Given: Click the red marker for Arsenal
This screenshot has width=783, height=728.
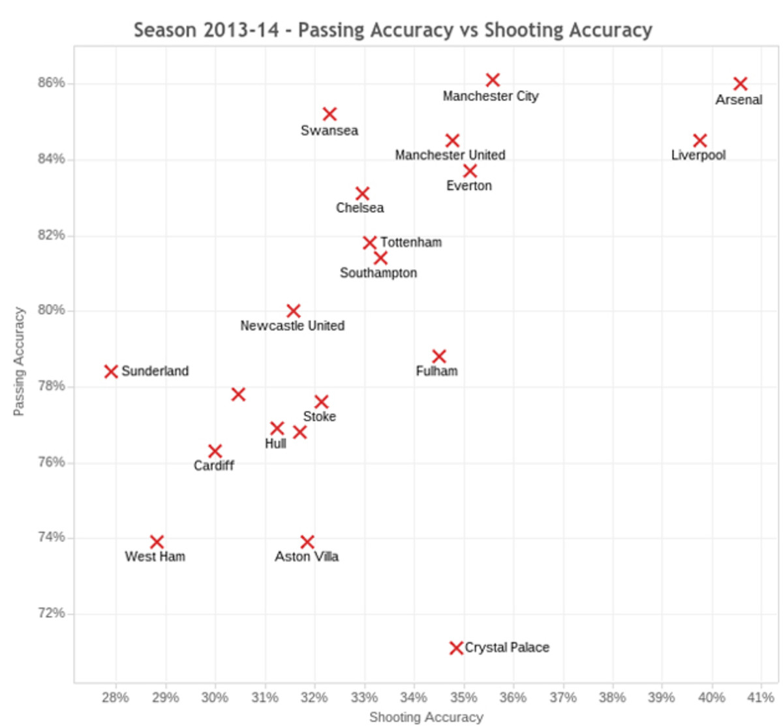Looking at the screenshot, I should click(x=740, y=83).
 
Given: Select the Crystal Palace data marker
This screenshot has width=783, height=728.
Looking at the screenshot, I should click(x=456, y=648).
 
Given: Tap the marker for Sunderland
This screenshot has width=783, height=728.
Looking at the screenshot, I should click(x=111, y=371).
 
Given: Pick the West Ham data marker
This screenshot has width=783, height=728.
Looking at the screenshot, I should click(x=157, y=542).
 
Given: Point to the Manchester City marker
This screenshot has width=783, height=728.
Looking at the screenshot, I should click(x=493, y=80).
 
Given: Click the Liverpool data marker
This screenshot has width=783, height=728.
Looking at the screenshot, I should click(x=699, y=140).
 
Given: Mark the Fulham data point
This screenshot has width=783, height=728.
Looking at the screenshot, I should click(x=439, y=356).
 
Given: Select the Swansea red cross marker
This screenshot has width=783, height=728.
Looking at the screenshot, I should click(x=330, y=114).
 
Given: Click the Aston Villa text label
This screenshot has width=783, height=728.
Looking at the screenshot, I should click(x=307, y=556).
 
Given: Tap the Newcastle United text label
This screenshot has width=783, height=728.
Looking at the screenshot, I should click(x=292, y=326).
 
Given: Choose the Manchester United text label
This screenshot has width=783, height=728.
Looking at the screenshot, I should click(x=450, y=155).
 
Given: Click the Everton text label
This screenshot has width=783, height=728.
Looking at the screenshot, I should click(x=469, y=186).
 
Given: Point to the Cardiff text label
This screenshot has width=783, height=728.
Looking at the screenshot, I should click(x=213, y=466).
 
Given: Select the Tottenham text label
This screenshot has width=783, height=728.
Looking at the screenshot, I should click(x=411, y=243).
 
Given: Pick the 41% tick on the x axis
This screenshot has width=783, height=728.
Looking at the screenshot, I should click(x=761, y=697).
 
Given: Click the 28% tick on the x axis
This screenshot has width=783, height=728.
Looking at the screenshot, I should click(x=115, y=697).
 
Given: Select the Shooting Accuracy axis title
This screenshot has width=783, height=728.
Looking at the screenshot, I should click(x=426, y=718).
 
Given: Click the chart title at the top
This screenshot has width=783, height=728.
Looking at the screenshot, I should click(x=393, y=30).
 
